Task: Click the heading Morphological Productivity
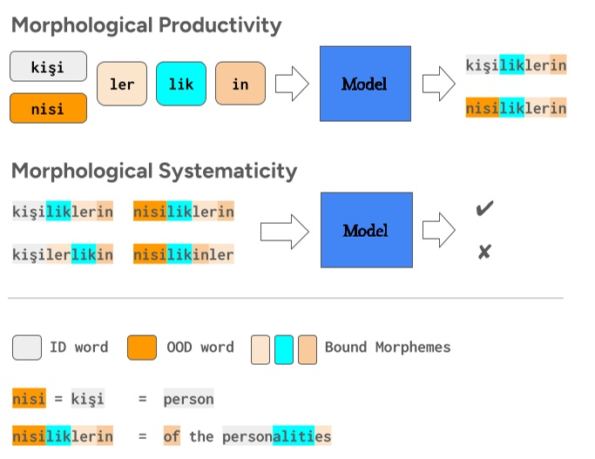tap(146, 25)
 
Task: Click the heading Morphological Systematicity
tap(154, 170)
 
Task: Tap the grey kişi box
tap(49, 67)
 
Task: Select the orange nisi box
tap(49, 109)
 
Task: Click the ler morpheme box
tap(122, 84)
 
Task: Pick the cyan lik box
tap(181, 84)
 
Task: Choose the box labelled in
tap(240, 84)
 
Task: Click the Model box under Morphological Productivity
tap(364, 84)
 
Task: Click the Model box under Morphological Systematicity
tap(364, 231)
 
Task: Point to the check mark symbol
tap(484, 209)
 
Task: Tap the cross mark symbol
tap(484, 253)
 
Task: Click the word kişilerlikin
tap(63, 254)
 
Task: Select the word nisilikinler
tap(183, 254)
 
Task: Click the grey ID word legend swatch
tap(27, 348)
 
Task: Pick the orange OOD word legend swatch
tap(142, 348)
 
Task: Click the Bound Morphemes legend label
tap(388, 348)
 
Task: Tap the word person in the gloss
tap(188, 399)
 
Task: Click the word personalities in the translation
tap(276, 435)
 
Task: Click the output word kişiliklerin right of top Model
tap(516, 65)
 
